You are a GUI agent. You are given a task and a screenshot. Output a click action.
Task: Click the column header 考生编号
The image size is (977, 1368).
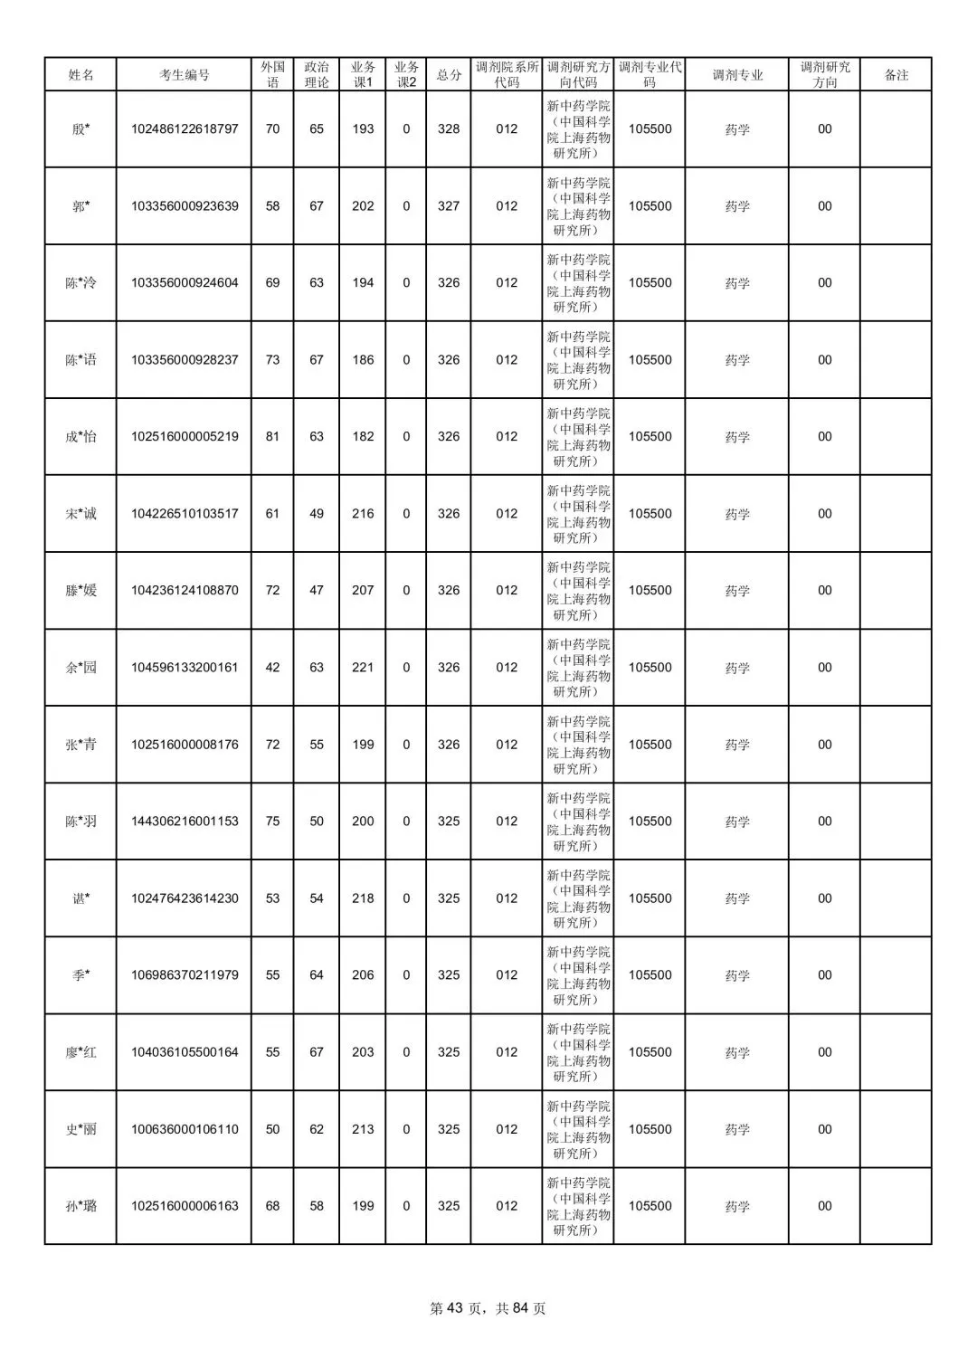[184, 75]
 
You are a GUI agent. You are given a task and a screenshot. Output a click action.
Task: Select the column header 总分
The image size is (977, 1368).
[449, 75]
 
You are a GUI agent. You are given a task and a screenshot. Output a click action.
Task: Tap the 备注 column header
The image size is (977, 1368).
[896, 75]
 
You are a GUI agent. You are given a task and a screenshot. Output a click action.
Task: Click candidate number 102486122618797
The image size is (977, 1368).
[185, 129]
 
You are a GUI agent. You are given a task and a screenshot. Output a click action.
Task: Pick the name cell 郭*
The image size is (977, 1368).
[81, 206]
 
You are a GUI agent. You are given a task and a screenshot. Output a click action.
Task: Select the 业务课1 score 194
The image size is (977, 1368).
[363, 283]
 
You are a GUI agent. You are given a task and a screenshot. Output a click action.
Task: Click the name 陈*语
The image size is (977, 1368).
[81, 360]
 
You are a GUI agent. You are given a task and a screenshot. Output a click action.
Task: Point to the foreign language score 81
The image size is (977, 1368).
[272, 437]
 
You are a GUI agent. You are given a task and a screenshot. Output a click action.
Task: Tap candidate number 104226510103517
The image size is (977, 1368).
[185, 514]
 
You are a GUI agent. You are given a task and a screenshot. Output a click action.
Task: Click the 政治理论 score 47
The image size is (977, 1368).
[317, 591]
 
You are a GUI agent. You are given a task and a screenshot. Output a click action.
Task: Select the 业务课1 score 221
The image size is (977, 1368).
[363, 668]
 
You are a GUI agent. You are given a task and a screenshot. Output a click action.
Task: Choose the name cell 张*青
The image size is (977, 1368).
[81, 745]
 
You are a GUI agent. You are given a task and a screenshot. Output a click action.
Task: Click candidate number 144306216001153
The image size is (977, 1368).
[185, 822]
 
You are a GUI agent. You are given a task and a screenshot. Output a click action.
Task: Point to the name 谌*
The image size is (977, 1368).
[81, 898]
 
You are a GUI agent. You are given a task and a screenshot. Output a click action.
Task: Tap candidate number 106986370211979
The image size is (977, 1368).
[185, 975]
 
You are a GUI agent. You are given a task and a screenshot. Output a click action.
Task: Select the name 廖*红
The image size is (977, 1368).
[81, 1052]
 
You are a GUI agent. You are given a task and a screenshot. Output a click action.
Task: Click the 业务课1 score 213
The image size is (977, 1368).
[363, 1129]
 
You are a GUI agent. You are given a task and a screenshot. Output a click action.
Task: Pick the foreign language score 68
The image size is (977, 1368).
[272, 1206]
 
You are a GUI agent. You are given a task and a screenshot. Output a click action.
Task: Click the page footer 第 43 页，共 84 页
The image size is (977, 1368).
[488, 1308]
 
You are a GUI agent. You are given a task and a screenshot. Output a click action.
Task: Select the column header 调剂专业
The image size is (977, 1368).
[737, 75]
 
